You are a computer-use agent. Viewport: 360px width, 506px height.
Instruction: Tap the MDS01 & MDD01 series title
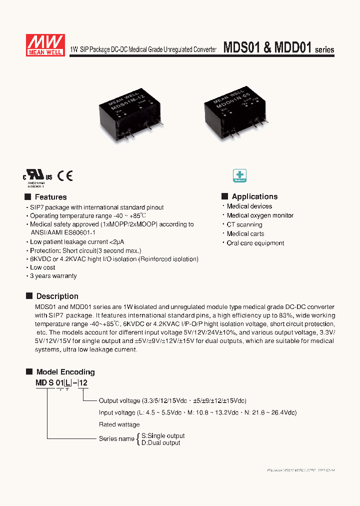click(x=278, y=48)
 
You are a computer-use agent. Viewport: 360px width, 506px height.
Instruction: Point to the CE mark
click(x=65, y=175)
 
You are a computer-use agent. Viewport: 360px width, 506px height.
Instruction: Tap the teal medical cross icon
click(x=240, y=175)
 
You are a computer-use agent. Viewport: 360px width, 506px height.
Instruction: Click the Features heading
click(x=50, y=197)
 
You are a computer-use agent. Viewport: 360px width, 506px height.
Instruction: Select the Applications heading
click(x=254, y=196)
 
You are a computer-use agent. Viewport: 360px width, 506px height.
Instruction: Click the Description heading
click(x=57, y=296)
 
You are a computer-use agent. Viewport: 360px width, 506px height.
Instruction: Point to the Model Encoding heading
click(x=65, y=372)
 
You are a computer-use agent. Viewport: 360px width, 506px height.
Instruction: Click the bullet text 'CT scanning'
click(x=244, y=224)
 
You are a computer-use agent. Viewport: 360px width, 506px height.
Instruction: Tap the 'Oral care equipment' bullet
click(x=255, y=243)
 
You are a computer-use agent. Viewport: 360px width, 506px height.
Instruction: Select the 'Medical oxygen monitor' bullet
click(x=260, y=215)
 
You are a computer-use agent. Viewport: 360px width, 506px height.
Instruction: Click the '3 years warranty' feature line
click(x=53, y=275)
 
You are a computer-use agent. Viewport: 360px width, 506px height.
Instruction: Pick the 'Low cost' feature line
click(x=42, y=267)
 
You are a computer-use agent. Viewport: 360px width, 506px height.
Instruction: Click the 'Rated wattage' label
click(x=119, y=424)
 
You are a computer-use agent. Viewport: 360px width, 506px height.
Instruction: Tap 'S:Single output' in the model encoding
click(x=162, y=436)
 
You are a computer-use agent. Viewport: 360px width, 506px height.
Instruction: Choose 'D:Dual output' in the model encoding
click(x=160, y=442)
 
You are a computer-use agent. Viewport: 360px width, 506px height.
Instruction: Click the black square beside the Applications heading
click(x=225, y=196)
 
